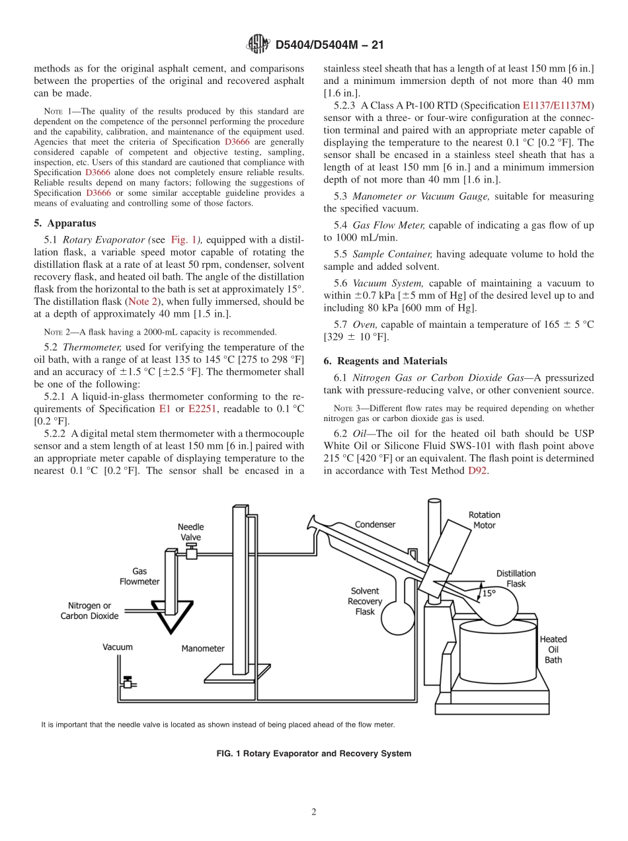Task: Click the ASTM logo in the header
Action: [x=257, y=44]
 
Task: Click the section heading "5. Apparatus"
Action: [x=65, y=223]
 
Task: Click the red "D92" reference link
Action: [x=477, y=471]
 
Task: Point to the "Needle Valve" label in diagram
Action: [x=190, y=532]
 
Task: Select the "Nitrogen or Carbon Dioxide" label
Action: [x=89, y=610]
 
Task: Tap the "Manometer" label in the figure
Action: [x=203, y=649]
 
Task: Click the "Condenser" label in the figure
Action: [x=375, y=524]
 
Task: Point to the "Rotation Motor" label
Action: [x=484, y=520]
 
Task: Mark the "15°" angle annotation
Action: [x=489, y=593]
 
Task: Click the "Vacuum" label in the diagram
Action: [x=117, y=647]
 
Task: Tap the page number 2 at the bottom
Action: [x=314, y=812]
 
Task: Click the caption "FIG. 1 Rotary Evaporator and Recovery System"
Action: [x=313, y=753]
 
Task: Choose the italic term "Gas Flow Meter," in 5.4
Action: [x=389, y=225]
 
